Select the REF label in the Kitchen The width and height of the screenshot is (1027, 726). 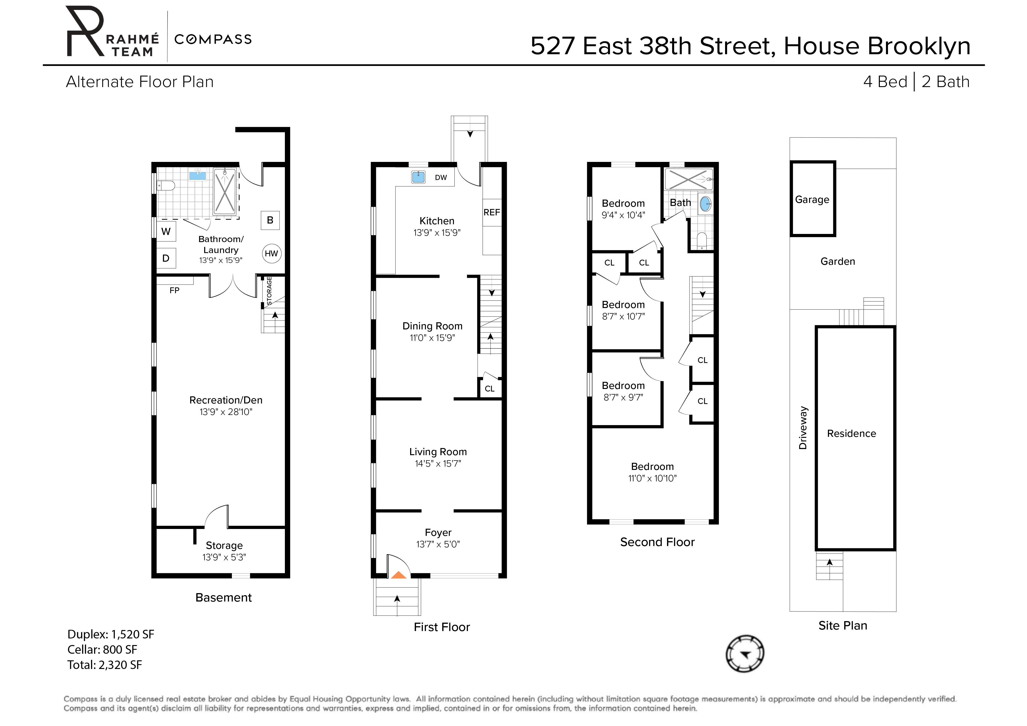point(492,213)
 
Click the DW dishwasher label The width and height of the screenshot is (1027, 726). point(441,178)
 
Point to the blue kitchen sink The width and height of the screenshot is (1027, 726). point(418,177)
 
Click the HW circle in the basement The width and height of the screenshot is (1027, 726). point(271,254)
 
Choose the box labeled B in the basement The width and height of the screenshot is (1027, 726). point(270,220)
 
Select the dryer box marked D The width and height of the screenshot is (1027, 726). point(166,258)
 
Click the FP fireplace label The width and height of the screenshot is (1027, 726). point(174,290)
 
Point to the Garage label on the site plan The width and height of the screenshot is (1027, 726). point(812,200)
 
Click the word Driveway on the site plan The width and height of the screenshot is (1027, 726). point(803,428)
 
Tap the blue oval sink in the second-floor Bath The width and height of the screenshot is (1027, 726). point(705,204)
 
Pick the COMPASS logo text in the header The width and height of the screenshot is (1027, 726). point(213,39)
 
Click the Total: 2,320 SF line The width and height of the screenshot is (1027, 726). point(105,665)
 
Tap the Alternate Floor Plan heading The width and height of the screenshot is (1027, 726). point(140,82)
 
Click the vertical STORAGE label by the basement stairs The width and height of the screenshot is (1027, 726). point(269,291)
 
